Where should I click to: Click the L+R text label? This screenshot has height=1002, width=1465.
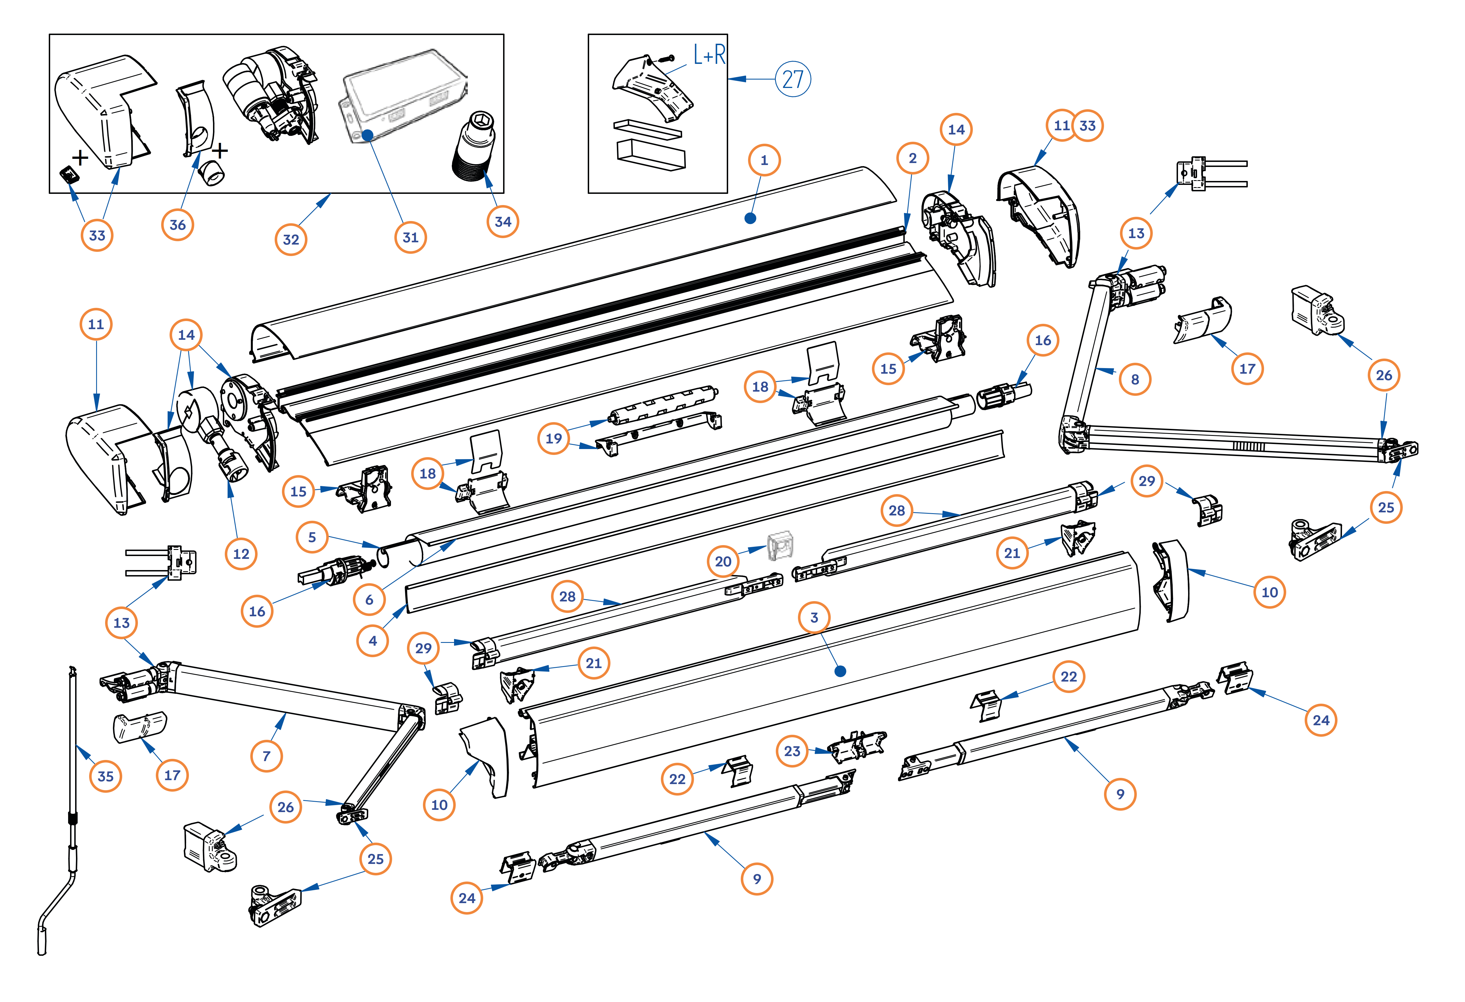point(709,55)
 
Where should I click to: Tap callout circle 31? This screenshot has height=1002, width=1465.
point(410,238)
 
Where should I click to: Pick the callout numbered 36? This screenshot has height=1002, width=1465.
point(178,225)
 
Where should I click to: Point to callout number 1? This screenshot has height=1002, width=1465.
point(764,160)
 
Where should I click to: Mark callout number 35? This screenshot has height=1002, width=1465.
point(105,777)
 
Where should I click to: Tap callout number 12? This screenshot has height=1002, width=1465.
point(241,554)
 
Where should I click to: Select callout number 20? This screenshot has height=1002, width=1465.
point(723,561)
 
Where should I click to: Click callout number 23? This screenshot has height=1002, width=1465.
point(792,751)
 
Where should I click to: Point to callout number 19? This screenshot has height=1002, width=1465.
point(554,439)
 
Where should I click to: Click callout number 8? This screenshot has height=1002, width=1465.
point(1135,379)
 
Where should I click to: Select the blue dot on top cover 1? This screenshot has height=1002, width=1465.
point(750,218)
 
